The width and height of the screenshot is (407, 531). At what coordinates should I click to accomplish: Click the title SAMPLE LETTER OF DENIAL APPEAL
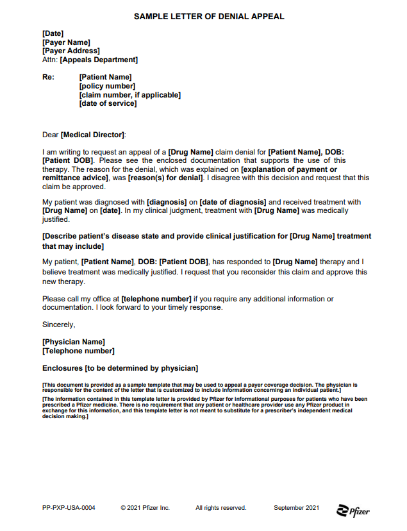209,17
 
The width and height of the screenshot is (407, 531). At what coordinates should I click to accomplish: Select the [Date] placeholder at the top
53,33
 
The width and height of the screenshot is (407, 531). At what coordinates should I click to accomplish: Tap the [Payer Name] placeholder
66,42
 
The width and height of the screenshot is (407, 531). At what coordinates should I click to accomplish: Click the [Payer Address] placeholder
71,51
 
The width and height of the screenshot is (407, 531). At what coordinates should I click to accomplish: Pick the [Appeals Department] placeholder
99,60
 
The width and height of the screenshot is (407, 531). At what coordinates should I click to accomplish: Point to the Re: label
48,77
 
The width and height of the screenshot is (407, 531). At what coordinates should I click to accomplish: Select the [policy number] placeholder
107,86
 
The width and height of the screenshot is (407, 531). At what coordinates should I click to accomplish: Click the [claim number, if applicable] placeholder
129,95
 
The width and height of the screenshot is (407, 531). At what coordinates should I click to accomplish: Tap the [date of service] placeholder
108,103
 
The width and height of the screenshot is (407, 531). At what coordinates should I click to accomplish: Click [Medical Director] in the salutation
93,135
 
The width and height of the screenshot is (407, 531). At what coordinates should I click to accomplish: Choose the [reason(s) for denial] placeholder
165,178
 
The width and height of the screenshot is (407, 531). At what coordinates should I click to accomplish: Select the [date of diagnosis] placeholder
233,202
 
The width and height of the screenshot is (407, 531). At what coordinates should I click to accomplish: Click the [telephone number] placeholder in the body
156,299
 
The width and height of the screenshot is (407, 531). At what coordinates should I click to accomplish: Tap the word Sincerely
58,324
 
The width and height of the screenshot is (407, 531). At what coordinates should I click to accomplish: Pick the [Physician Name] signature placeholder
73,342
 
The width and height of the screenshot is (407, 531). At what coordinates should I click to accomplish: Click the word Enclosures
62,368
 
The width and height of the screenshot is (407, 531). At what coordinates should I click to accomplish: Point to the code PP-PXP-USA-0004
69,508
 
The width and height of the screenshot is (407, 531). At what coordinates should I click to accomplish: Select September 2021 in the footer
296,508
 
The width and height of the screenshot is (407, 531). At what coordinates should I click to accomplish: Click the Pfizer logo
353,510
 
